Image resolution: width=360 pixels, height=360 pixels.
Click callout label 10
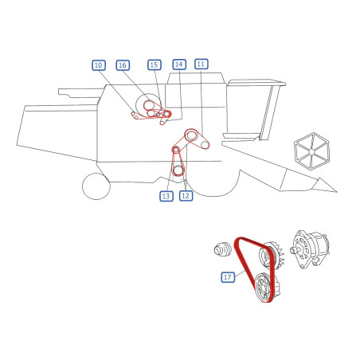(99, 65)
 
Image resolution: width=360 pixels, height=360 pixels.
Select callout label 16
(123, 65)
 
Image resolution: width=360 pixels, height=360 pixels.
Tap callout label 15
(155, 65)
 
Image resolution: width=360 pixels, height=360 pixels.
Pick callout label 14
(179, 65)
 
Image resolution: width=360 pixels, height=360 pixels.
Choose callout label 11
(202, 64)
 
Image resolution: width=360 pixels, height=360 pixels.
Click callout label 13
(166, 196)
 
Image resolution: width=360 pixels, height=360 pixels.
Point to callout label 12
(186, 196)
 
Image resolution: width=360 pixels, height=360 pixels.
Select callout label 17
(228, 277)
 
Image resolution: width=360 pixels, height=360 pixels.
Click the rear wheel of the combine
(96, 186)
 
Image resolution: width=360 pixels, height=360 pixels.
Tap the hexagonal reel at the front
(311, 151)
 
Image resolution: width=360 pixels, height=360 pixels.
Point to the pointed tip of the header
(337, 192)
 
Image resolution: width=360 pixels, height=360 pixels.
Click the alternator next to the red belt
(310, 250)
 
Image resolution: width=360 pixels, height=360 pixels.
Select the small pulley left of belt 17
(221, 249)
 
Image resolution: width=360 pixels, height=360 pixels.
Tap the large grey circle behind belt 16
(148, 106)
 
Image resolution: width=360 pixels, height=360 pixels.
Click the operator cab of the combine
(254, 109)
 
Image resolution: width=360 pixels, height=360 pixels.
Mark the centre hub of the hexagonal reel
(311, 151)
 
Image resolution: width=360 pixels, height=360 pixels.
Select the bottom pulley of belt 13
(178, 170)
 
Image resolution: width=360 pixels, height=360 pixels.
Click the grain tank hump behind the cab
(196, 90)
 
